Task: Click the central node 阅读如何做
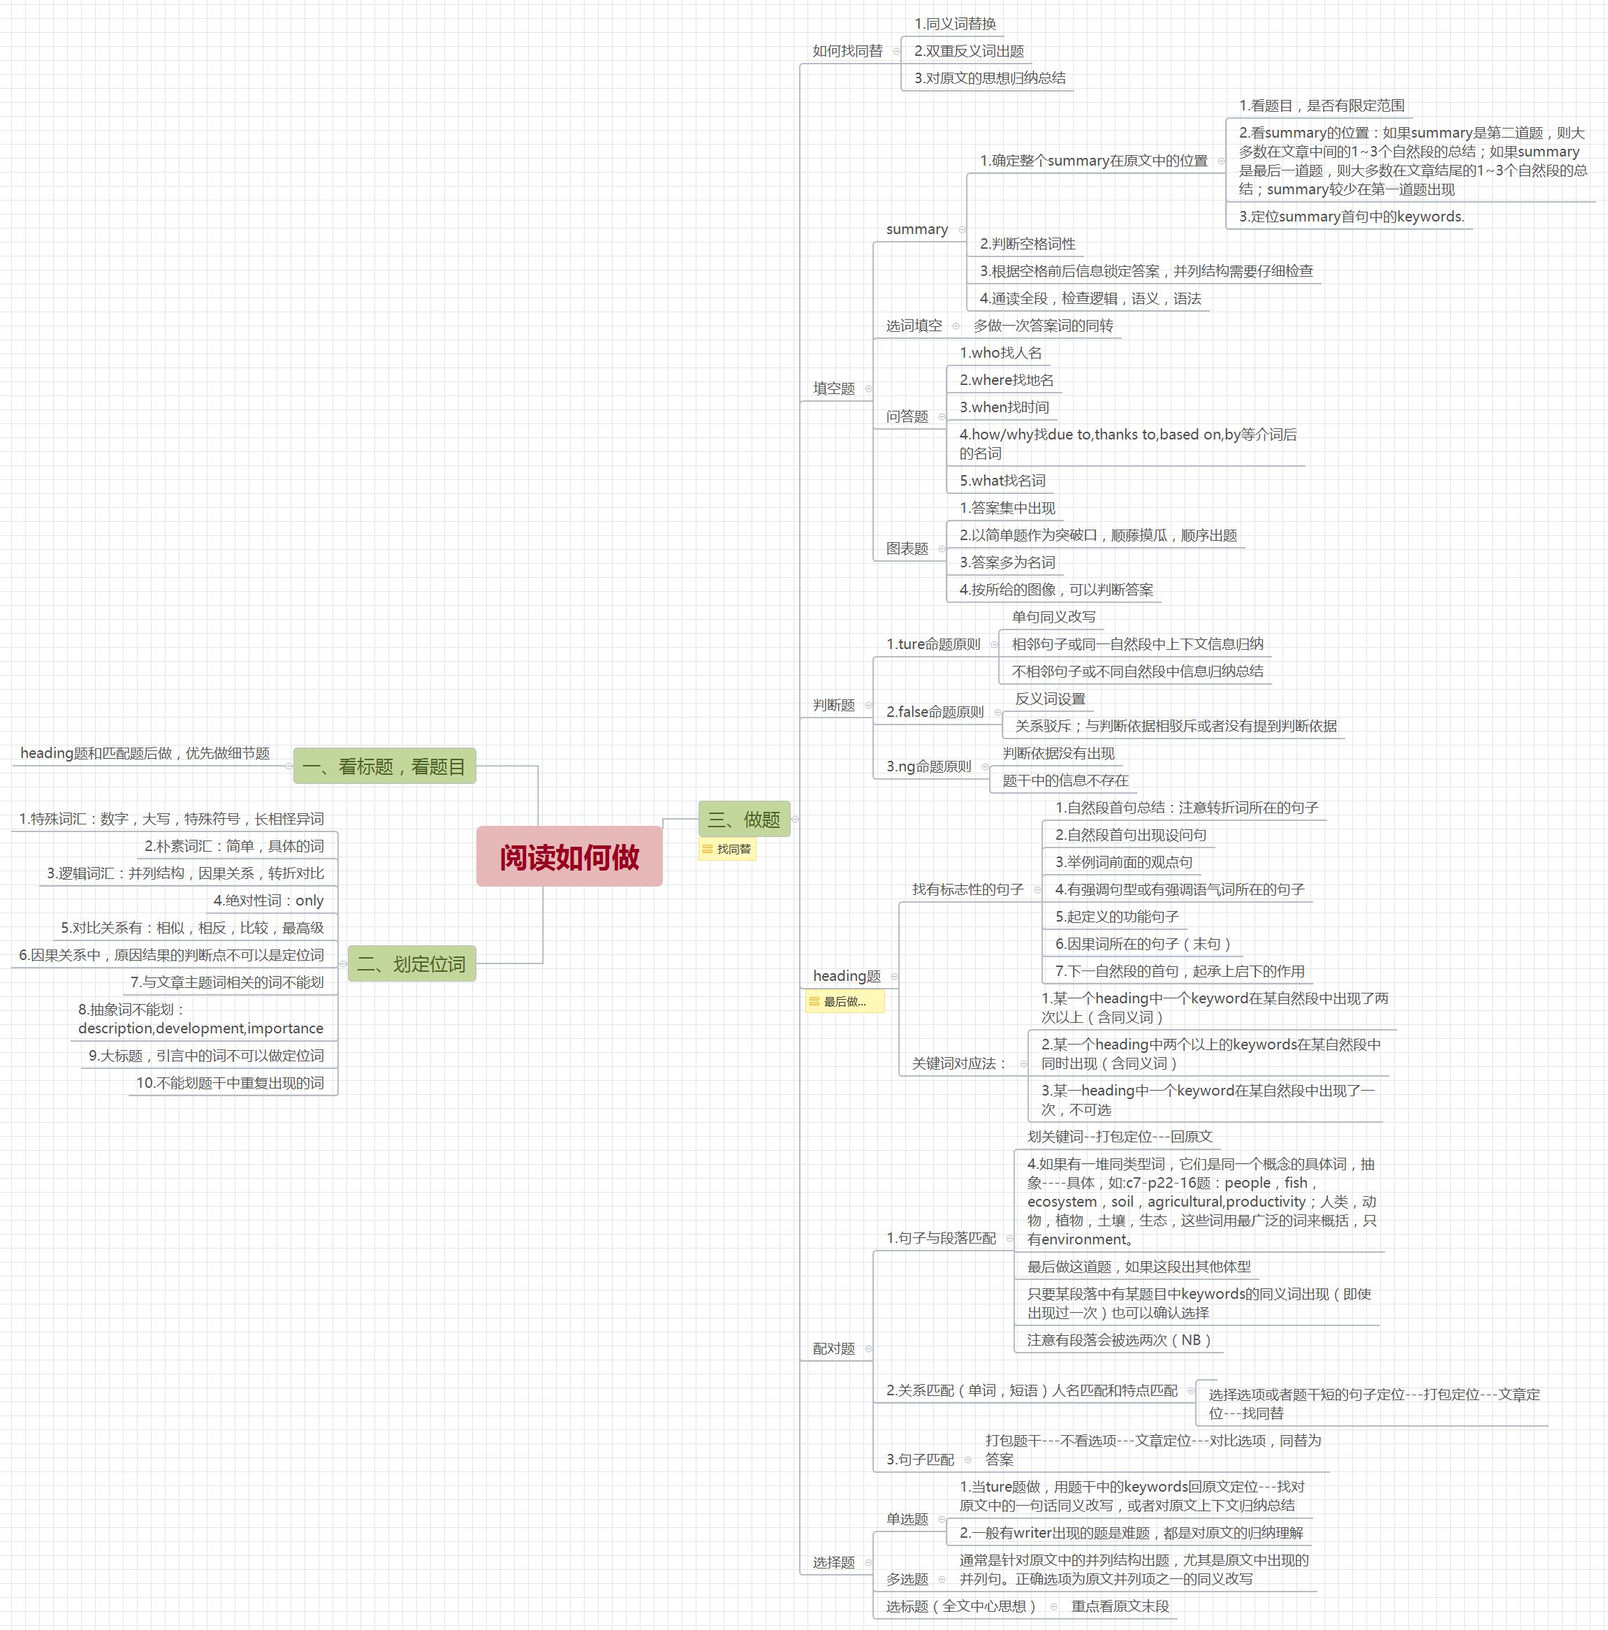click(569, 857)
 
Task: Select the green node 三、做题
click(743, 820)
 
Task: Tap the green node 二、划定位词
click(411, 963)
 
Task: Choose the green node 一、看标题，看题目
click(384, 766)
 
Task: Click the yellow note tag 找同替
click(727, 850)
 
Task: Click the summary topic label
click(916, 229)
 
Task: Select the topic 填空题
click(833, 388)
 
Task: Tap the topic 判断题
click(833, 706)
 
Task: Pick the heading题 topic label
click(846, 976)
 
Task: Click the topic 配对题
click(833, 1349)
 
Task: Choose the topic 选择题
click(833, 1562)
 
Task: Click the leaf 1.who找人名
click(1000, 353)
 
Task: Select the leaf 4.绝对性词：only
click(268, 900)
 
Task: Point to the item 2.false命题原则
click(934, 712)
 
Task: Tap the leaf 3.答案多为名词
click(1007, 562)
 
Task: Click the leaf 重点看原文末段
click(1120, 1606)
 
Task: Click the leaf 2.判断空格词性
click(1027, 244)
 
